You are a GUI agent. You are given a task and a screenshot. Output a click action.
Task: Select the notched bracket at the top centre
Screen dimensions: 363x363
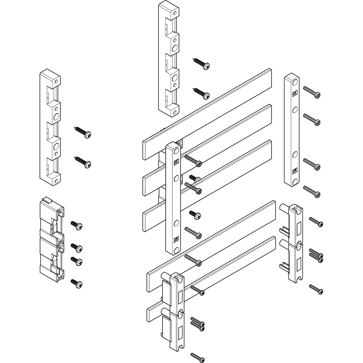tap(169, 58)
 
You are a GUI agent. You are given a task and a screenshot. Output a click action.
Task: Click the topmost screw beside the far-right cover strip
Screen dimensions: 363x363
tap(312, 92)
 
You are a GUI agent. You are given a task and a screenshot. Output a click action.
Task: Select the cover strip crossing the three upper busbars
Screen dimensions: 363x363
tap(173, 198)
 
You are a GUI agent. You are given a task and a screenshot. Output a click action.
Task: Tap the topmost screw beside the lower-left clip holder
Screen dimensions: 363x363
tap(77, 225)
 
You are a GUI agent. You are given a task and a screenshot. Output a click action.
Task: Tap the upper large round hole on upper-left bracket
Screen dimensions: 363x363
tap(57, 116)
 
